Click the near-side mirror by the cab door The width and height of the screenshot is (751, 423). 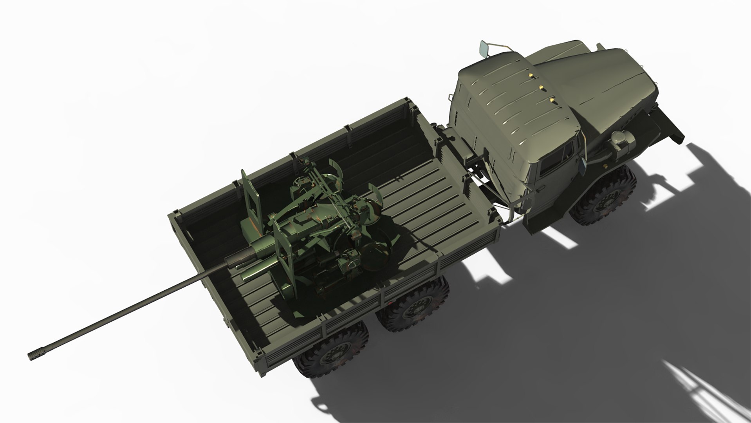(582, 164)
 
